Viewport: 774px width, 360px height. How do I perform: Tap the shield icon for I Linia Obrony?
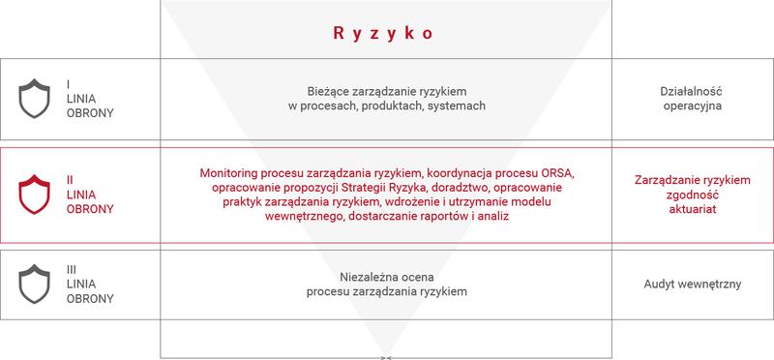35,98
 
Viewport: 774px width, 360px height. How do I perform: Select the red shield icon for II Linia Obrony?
35,194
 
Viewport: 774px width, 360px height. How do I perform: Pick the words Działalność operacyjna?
693,97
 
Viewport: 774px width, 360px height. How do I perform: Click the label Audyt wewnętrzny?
692,285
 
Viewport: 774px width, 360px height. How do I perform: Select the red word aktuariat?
692,209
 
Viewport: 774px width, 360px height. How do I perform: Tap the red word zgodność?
692,195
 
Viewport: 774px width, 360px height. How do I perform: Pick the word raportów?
435,219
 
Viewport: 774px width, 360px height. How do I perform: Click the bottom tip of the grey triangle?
386,354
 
